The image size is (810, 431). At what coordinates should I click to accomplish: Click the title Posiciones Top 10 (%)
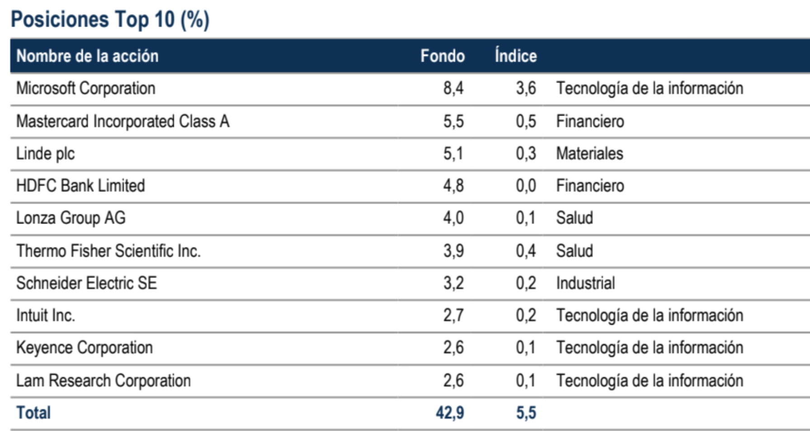(x=110, y=20)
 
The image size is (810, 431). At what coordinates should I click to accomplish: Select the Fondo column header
(x=442, y=56)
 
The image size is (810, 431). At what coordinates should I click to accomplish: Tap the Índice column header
(x=515, y=56)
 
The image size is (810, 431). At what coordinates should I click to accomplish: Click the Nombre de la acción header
(x=87, y=56)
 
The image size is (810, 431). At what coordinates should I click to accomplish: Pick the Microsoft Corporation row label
(x=85, y=89)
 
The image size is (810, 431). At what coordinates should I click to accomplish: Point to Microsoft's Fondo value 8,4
(x=453, y=89)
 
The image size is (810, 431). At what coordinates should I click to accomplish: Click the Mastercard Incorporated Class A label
(x=122, y=122)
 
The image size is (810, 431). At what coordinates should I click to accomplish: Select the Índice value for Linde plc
(x=526, y=154)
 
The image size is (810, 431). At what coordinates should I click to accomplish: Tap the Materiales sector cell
(x=589, y=154)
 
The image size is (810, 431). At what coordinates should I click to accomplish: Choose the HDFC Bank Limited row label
(x=80, y=186)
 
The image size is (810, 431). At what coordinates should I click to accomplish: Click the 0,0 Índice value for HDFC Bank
(x=526, y=186)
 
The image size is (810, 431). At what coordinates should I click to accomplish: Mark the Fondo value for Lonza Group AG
(x=453, y=218)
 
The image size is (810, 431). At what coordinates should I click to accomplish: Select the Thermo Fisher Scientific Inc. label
(x=108, y=251)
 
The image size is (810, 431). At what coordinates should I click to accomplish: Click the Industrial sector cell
(x=585, y=283)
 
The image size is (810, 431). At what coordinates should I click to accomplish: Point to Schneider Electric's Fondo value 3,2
(x=453, y=283)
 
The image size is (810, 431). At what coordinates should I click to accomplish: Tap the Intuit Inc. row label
(x=45, y=315)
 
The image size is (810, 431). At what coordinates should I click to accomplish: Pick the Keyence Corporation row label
(x=84, y=348)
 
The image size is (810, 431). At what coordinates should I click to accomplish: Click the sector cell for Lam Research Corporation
(x=650, y=380)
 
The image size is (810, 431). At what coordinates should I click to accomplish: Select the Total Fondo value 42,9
(x=450, y=413)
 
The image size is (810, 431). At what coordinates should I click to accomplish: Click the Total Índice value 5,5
(x=526, y=413)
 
